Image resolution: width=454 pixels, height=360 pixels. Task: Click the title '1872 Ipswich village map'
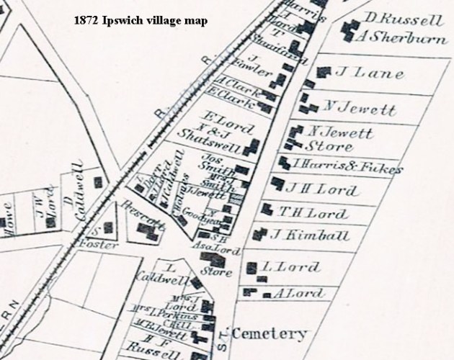point(141,21)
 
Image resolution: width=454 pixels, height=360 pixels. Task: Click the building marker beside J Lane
point(324,71)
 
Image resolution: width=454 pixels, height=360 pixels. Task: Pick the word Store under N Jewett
point(332,148)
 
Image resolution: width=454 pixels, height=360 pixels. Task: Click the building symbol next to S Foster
point(108,228)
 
